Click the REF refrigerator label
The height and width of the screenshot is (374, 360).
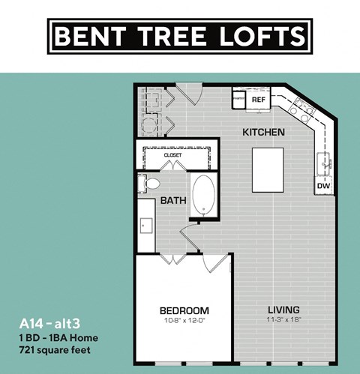[x=259, y=99]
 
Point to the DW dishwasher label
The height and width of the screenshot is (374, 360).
[x=323, y=184]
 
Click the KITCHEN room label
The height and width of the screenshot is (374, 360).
[x=262, y=133]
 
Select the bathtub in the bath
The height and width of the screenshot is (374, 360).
[x=203, y=194]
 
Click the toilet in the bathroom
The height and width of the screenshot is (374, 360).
[x=151, y=182]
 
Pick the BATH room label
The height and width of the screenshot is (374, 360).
[x=173, y=200]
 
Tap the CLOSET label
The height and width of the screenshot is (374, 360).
[x=172, y=154]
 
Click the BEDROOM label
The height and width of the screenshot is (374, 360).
[x=184, y=310]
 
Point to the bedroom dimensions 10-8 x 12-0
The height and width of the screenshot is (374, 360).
[x=184, y=321]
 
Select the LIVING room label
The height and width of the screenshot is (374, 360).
[x=283, y=310]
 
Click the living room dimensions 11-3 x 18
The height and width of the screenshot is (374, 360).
[x=283, y=321]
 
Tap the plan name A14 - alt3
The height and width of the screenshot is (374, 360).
[x=47, y=325]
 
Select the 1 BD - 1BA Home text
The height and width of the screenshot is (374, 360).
[x=58, y=337]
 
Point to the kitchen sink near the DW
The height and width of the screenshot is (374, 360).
[x=324, y=160]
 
